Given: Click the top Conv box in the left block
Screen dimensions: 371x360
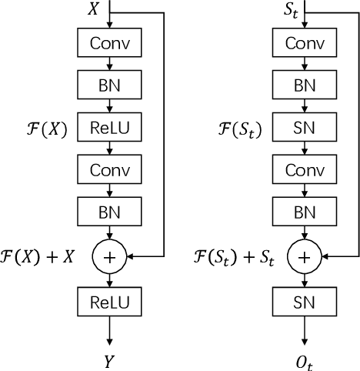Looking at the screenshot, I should pos(109,43).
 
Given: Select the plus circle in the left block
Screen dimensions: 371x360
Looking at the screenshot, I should pos(109,258).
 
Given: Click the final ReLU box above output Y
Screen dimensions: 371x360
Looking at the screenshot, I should pos(109,299).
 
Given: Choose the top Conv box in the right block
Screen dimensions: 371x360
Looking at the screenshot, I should pos(305,43).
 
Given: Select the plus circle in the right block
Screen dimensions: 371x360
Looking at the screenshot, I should pos(305,258).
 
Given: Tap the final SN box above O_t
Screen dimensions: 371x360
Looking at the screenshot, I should pos(305,299).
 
